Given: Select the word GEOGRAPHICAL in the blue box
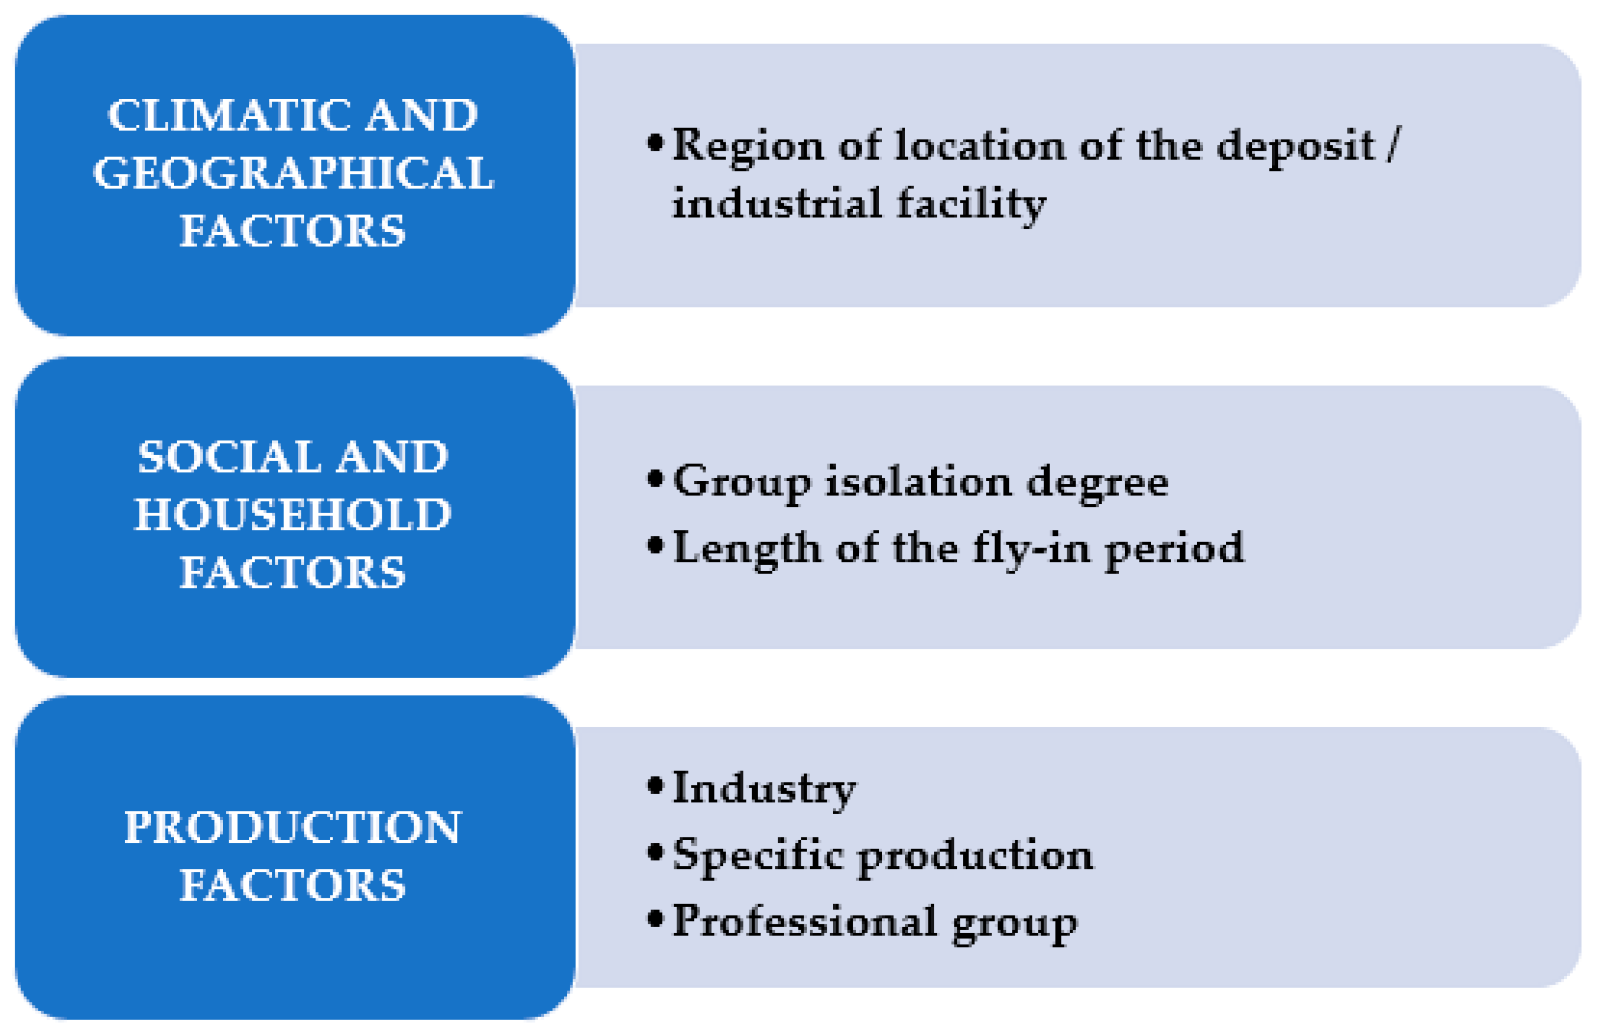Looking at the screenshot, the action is click(x=293, y=173).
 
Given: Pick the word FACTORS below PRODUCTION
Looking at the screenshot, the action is click(x=293, y=885).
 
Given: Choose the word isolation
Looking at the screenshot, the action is click(x=919, y=482).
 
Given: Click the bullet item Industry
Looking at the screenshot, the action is click(x=765, y=789).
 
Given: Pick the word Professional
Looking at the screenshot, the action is click(x=805, y=921).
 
